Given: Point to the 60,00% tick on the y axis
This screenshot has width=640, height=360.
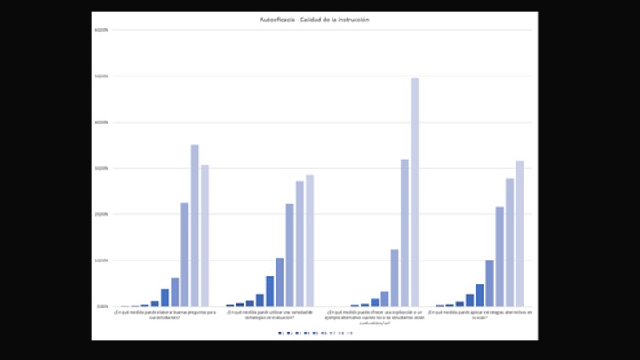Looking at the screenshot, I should (x=102, y=31).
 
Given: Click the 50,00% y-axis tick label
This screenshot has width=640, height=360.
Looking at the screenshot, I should (x=102, y=76).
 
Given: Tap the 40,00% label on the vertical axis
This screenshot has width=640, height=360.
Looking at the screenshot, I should (x=102, y=123).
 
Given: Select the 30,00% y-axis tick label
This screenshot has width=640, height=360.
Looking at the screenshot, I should (x=102, y=168).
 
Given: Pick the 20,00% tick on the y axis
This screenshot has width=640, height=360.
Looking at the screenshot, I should (x=102, y=214).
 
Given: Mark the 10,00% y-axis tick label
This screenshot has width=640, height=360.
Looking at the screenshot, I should (x=102, y=260).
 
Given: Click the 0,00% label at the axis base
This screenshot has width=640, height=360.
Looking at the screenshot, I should (x=103, y=306).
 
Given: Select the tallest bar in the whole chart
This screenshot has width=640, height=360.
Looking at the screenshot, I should (x=414, y=192).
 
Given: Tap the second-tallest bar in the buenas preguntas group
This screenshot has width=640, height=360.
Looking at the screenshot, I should (x=204, y=236).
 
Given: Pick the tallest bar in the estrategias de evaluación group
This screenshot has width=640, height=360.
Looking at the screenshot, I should (x=309, y=241).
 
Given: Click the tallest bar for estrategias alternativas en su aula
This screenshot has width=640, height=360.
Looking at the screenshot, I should (x=520, y=234).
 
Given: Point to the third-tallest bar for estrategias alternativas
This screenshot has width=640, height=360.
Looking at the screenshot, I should (x=500, y=257).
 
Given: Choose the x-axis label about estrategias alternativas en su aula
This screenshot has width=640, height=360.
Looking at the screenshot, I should (x=480, y=316).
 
